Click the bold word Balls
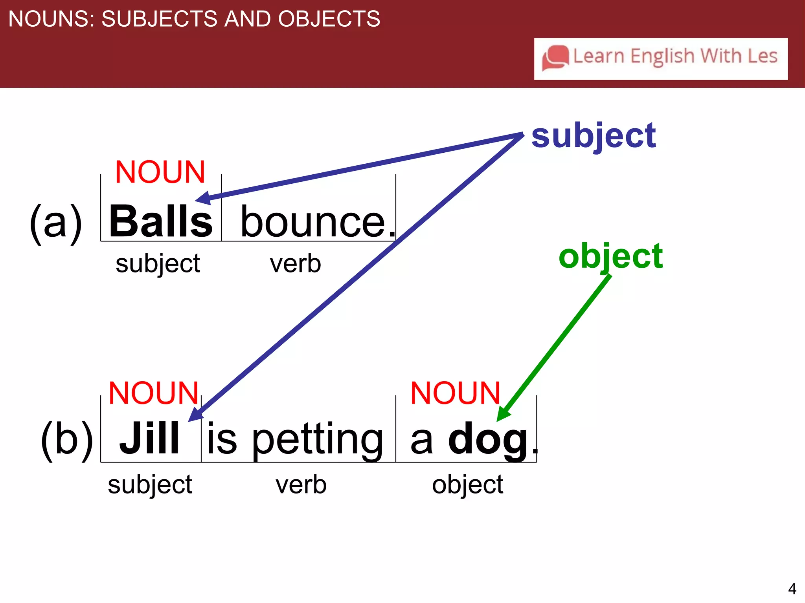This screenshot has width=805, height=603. tap(161, 221)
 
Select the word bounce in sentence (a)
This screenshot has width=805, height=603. tap(312, 222)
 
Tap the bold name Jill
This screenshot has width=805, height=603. tap(149, 438)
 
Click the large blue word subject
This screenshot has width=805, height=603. tap(593, 136)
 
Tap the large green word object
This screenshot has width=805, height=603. tap(610, 256)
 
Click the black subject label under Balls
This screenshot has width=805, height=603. tap(158, 263)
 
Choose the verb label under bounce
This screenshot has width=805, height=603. tap(295, 263)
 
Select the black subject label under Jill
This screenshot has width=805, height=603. tap(150, 484)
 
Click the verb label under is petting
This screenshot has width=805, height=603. tap(301, 484)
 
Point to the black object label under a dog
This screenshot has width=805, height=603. tap(467, 484)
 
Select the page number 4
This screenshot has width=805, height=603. tap(792, 588)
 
